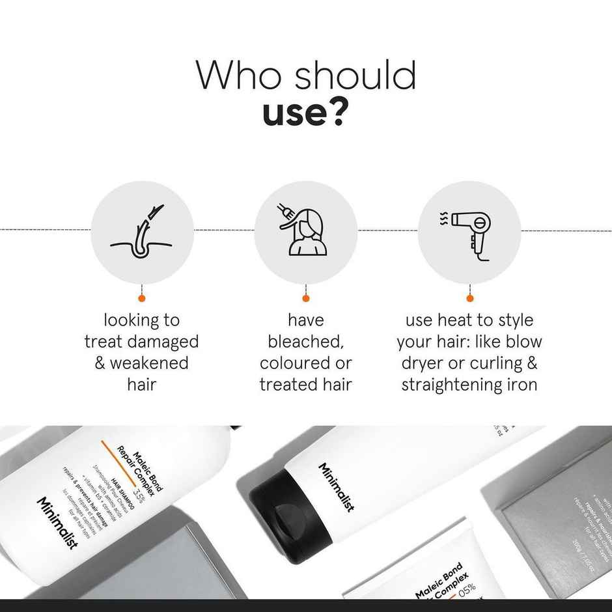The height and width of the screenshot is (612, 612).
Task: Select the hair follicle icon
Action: [142, 232]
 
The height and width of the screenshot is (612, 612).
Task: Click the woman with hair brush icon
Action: [305, 232]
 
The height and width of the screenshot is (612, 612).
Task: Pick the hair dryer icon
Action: [469, 232]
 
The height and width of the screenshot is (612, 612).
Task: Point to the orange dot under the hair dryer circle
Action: [469, 298]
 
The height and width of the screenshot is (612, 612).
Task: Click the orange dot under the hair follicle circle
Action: [142, 298]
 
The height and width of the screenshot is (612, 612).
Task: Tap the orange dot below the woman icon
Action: [305, 298]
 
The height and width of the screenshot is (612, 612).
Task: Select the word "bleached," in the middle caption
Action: [305, 342]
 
